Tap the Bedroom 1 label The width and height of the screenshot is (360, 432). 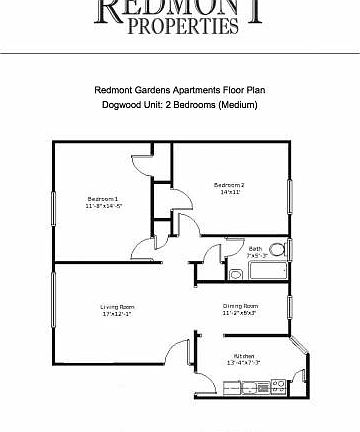click(104, 199)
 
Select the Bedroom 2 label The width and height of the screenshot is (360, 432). click(230, 185)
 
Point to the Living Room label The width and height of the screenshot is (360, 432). click(116, 306)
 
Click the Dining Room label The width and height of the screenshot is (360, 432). click(240, 306)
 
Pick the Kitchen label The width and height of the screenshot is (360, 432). click(244, 355)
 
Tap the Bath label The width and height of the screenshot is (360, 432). click(255, 248)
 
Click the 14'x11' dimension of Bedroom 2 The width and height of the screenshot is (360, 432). click(230, 193)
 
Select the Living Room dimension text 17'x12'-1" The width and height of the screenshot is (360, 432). click(116, 314)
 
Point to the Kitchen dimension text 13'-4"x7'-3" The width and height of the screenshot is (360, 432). click(244, 363)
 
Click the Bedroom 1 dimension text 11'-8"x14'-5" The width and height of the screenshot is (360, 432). click(104, 207)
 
